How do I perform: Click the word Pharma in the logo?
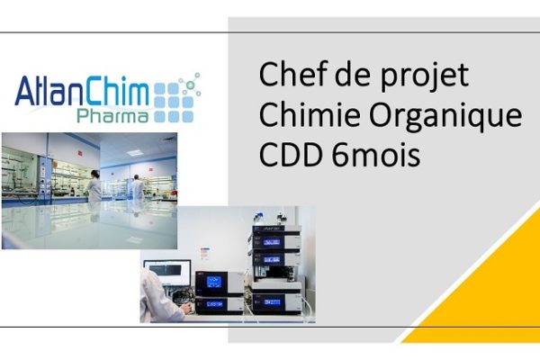pos(112,116)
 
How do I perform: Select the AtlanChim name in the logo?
pos(82,91)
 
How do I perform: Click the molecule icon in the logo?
pos(190,85)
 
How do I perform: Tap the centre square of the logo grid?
pos(173,103)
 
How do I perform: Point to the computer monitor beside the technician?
pos(167,272)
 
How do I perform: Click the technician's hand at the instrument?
pos(186,308)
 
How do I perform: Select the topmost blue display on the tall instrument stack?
pos(272,242)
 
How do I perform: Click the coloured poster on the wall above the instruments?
pos(205,253)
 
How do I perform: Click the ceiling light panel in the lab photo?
pos(135,152)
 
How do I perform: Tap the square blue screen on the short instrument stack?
pos(214,283)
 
